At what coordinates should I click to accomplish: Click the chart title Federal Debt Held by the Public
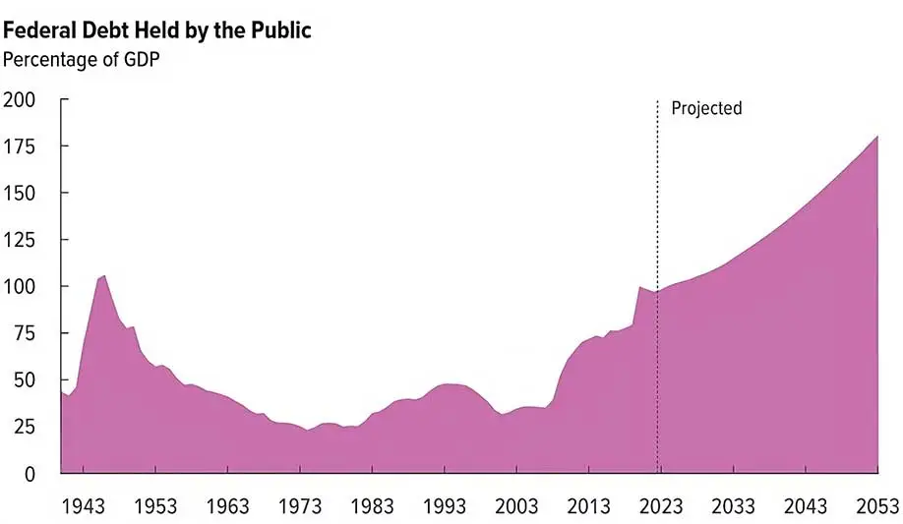157,30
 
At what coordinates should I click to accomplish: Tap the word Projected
706,108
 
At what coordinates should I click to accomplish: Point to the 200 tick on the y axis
19,99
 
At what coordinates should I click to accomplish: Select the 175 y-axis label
19,146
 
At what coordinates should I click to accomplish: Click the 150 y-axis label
19,193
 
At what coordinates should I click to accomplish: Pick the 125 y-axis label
19,240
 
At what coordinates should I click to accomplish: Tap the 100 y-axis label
19,286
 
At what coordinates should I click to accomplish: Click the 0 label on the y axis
30,473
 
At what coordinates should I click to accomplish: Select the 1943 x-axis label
84,506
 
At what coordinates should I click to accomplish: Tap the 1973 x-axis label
300,506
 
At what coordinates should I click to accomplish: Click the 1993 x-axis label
444,506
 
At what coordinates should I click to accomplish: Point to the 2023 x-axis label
660,506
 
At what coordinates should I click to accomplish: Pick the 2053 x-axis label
875,506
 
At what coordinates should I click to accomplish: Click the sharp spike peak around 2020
639,287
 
